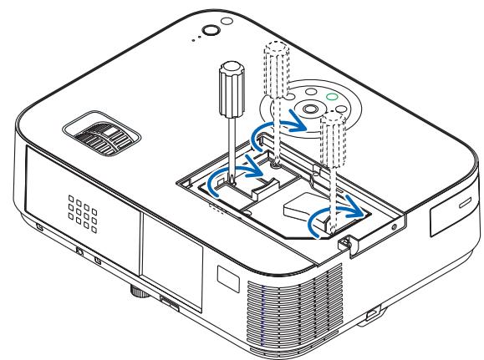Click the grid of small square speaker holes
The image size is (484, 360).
click(x=78, y=208)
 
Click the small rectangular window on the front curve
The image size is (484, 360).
click(x=224, y=274)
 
